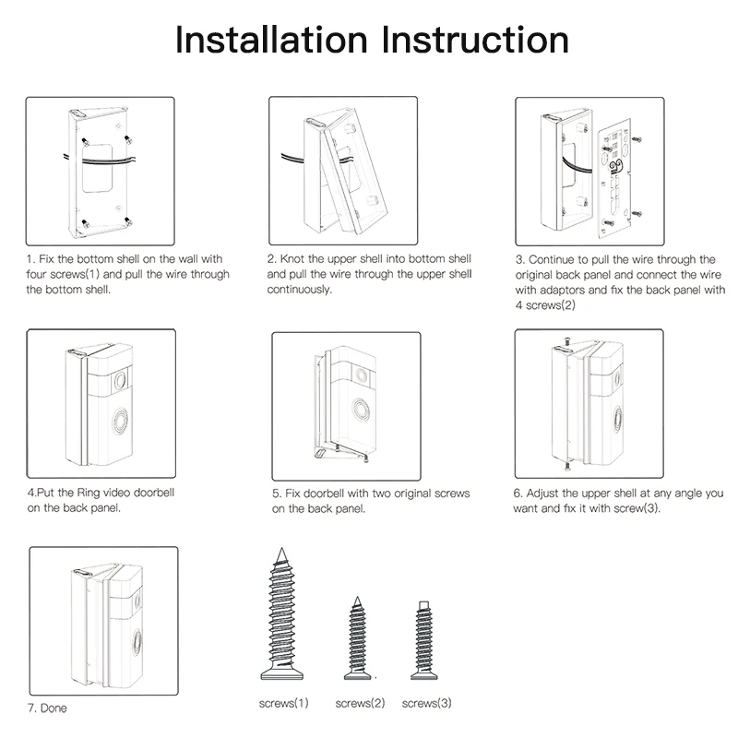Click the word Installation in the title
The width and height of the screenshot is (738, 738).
pos(271,40)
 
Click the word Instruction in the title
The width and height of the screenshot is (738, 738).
pos(475,40)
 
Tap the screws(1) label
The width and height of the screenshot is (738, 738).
pos(284,703)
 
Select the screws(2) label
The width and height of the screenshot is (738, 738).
pos(360,703)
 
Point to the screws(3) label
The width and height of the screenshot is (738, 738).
pos(426,703)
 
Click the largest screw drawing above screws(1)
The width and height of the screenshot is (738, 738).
pos(282,614)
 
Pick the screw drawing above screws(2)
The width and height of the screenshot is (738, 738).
pos(357,638)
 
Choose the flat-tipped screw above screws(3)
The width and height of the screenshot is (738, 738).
pos(424,640)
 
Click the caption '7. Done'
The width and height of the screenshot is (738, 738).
pos(47,708)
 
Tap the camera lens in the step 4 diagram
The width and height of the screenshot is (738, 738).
pos(120,380)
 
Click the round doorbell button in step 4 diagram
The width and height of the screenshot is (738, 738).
pos(120,421)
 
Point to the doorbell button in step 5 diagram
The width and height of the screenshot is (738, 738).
pos(361,409)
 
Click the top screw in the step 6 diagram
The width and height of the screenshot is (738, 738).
pos(567,340)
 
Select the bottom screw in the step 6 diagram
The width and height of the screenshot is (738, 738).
pos(567,466)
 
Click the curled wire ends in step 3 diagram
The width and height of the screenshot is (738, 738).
pos(615,166)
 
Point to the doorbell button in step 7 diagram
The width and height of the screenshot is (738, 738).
pos(137,642)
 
